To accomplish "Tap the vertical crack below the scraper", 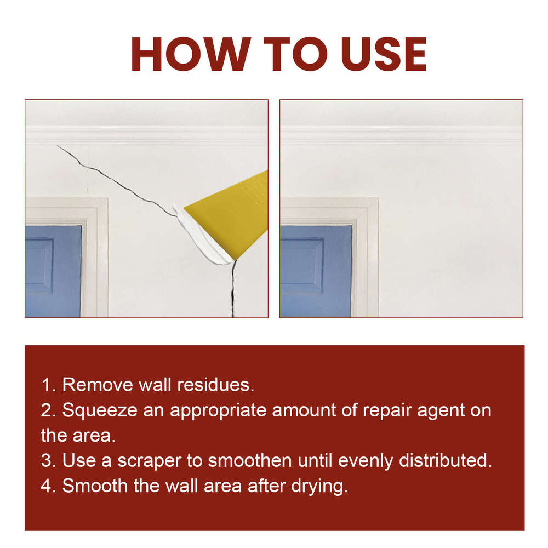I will click(233, 290).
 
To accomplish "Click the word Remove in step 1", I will click(95, 385).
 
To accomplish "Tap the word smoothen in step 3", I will click(249, 461).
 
